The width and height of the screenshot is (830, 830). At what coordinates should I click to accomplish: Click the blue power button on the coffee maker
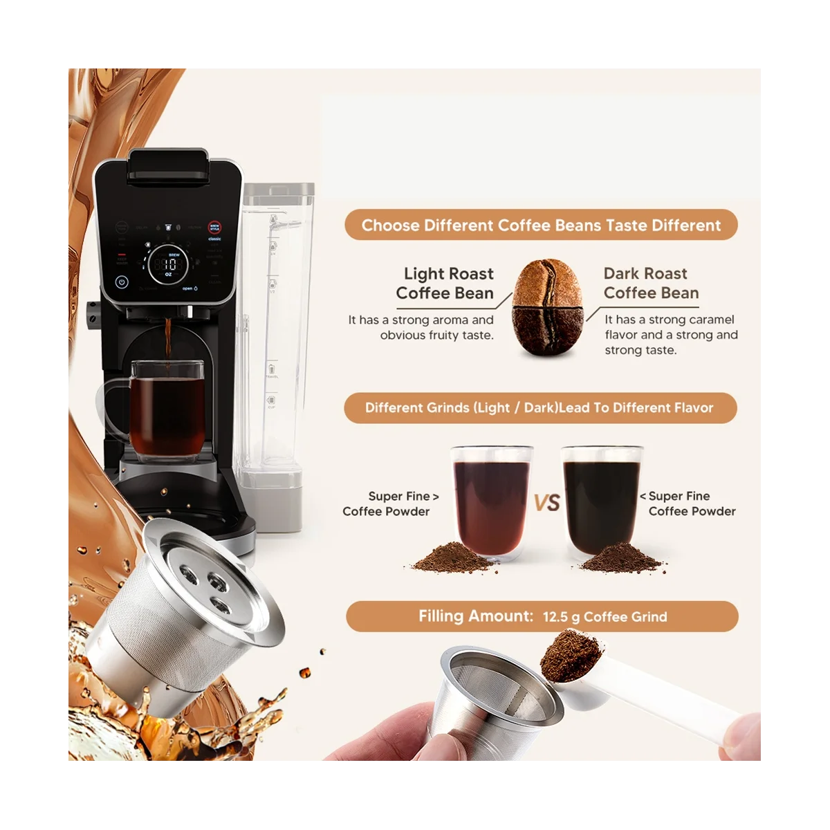[122, 282]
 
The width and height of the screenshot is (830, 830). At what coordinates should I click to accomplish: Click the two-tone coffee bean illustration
[547, 307]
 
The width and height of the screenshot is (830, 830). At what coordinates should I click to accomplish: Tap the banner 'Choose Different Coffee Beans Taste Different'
[541, 225]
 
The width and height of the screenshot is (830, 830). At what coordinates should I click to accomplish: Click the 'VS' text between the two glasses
[546, 502]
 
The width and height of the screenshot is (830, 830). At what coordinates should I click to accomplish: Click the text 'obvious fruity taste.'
[436, 335]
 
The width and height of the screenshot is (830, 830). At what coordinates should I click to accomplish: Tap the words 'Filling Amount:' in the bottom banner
[475, 616]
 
